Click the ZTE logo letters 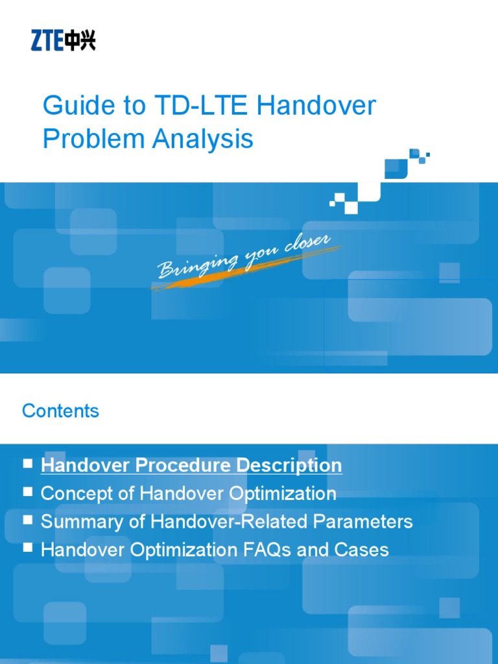(x=47, y=41)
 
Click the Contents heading (x=60, y=411)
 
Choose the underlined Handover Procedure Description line (x=191, y=466)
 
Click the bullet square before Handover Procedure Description (x=27, y=464)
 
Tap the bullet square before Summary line (x=27, y=519)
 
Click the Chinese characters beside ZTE (x=80, y=41)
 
